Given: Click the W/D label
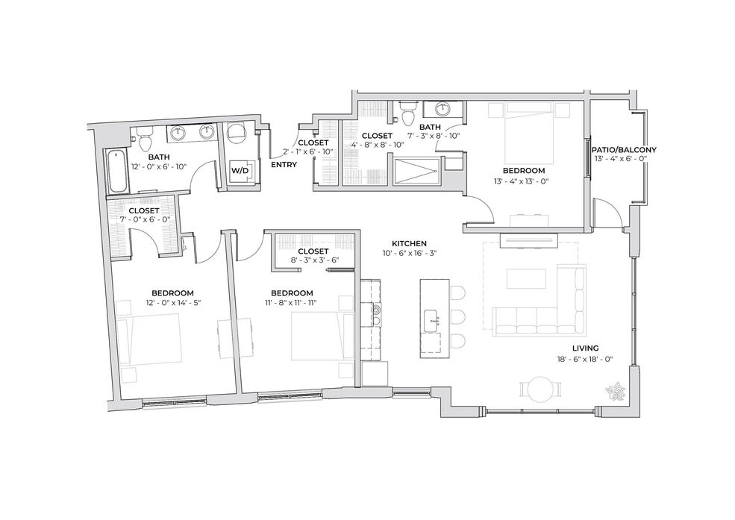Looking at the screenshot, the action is coord(240,171).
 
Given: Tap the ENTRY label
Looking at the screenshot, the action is coord(284,164).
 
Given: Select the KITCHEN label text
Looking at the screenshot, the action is coord(409,244).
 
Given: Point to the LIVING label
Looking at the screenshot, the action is coord(586,348).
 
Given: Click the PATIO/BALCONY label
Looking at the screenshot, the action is coord(624,150).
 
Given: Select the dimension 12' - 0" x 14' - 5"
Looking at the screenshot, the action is coord(173,303).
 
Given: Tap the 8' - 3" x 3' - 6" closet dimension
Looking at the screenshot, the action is coord(313,261).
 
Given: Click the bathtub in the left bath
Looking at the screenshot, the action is coord(117,171).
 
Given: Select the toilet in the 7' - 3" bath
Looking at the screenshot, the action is coord(407,113).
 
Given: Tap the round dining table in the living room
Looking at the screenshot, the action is coord(540,389).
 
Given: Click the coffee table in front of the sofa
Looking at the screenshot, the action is coord(526,278).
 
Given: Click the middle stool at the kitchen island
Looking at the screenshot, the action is coord(457,317).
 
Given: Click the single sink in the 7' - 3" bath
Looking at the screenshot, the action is coord(442,110).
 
